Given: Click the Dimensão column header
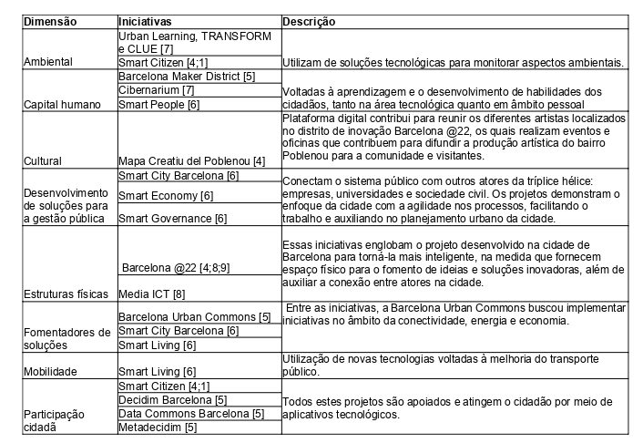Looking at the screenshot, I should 50,21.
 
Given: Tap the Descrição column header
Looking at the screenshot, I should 311,21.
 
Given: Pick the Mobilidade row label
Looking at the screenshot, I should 53,371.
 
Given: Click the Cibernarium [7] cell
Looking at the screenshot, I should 156,90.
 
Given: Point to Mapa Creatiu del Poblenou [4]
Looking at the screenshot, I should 192,160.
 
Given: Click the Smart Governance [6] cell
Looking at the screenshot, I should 173,218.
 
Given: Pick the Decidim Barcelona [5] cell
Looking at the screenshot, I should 173,399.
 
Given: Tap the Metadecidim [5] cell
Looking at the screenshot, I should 158,427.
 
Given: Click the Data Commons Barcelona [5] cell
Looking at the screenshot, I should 191,413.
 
